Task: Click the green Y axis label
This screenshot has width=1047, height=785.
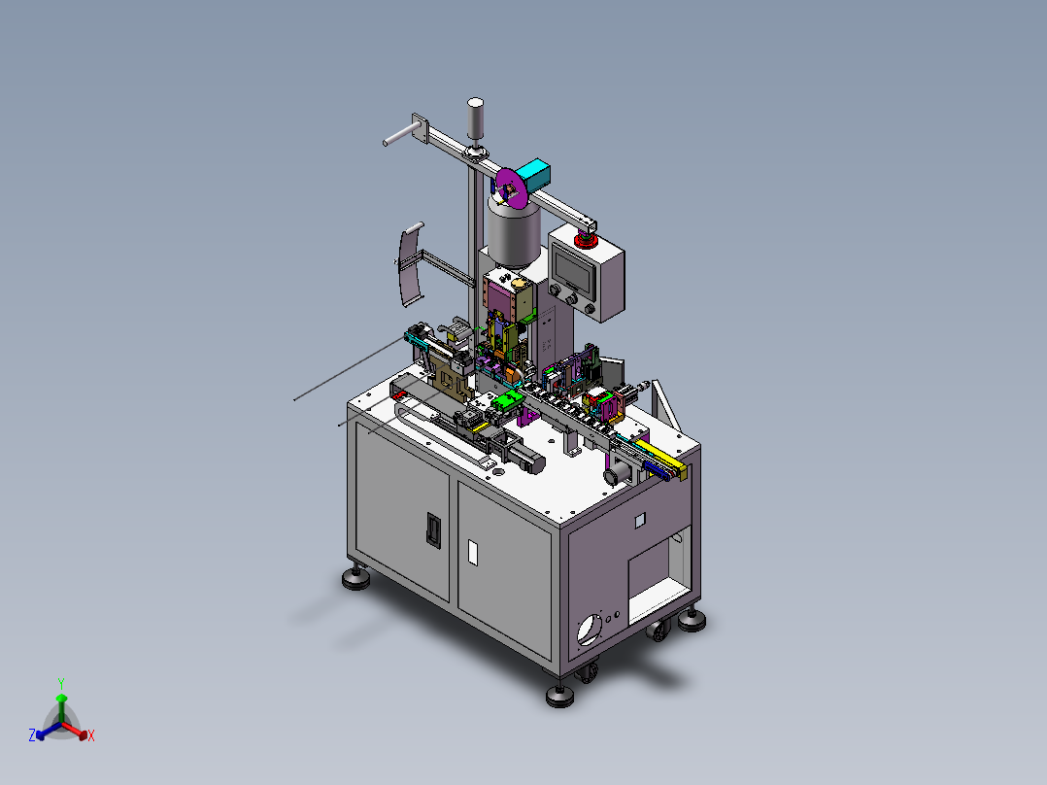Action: (x=61, y=683)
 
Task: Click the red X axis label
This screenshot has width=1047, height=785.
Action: (x=91, y=735)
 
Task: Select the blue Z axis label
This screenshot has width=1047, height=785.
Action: (x=31, y=734)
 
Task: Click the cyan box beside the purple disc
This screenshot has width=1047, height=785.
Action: (x=535, y=174)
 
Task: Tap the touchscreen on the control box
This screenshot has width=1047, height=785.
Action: (x=573, y=271)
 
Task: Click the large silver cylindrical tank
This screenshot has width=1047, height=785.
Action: (x=514, y=230)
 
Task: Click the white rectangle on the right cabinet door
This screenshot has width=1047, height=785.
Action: (x=473, y=553)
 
